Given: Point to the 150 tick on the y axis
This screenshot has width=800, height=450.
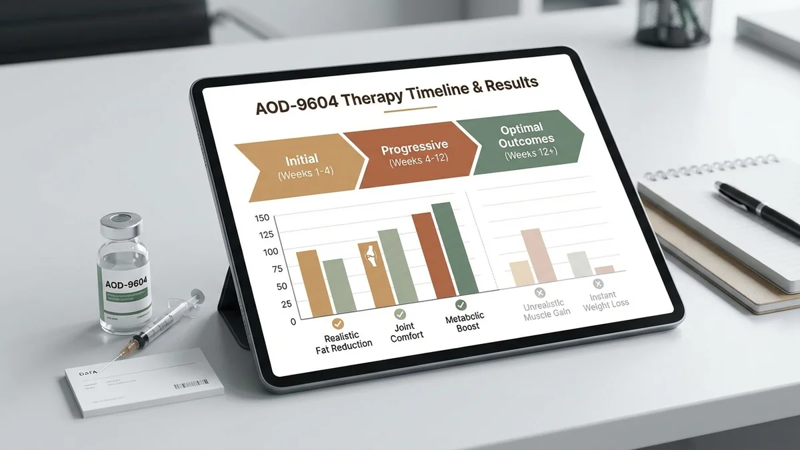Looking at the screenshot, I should pos(262,217).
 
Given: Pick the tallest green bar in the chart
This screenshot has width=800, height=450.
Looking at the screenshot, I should pos(455,247).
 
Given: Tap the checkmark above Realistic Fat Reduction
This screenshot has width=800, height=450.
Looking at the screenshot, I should pos(337,323).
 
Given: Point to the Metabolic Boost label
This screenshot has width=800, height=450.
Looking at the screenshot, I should pos(465,322).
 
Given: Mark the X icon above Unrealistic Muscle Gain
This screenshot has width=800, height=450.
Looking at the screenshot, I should pos(540,293).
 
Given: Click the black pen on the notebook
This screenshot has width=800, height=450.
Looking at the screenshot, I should pos(756,206).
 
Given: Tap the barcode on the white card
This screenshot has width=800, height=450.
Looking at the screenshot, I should pos(191,383).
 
